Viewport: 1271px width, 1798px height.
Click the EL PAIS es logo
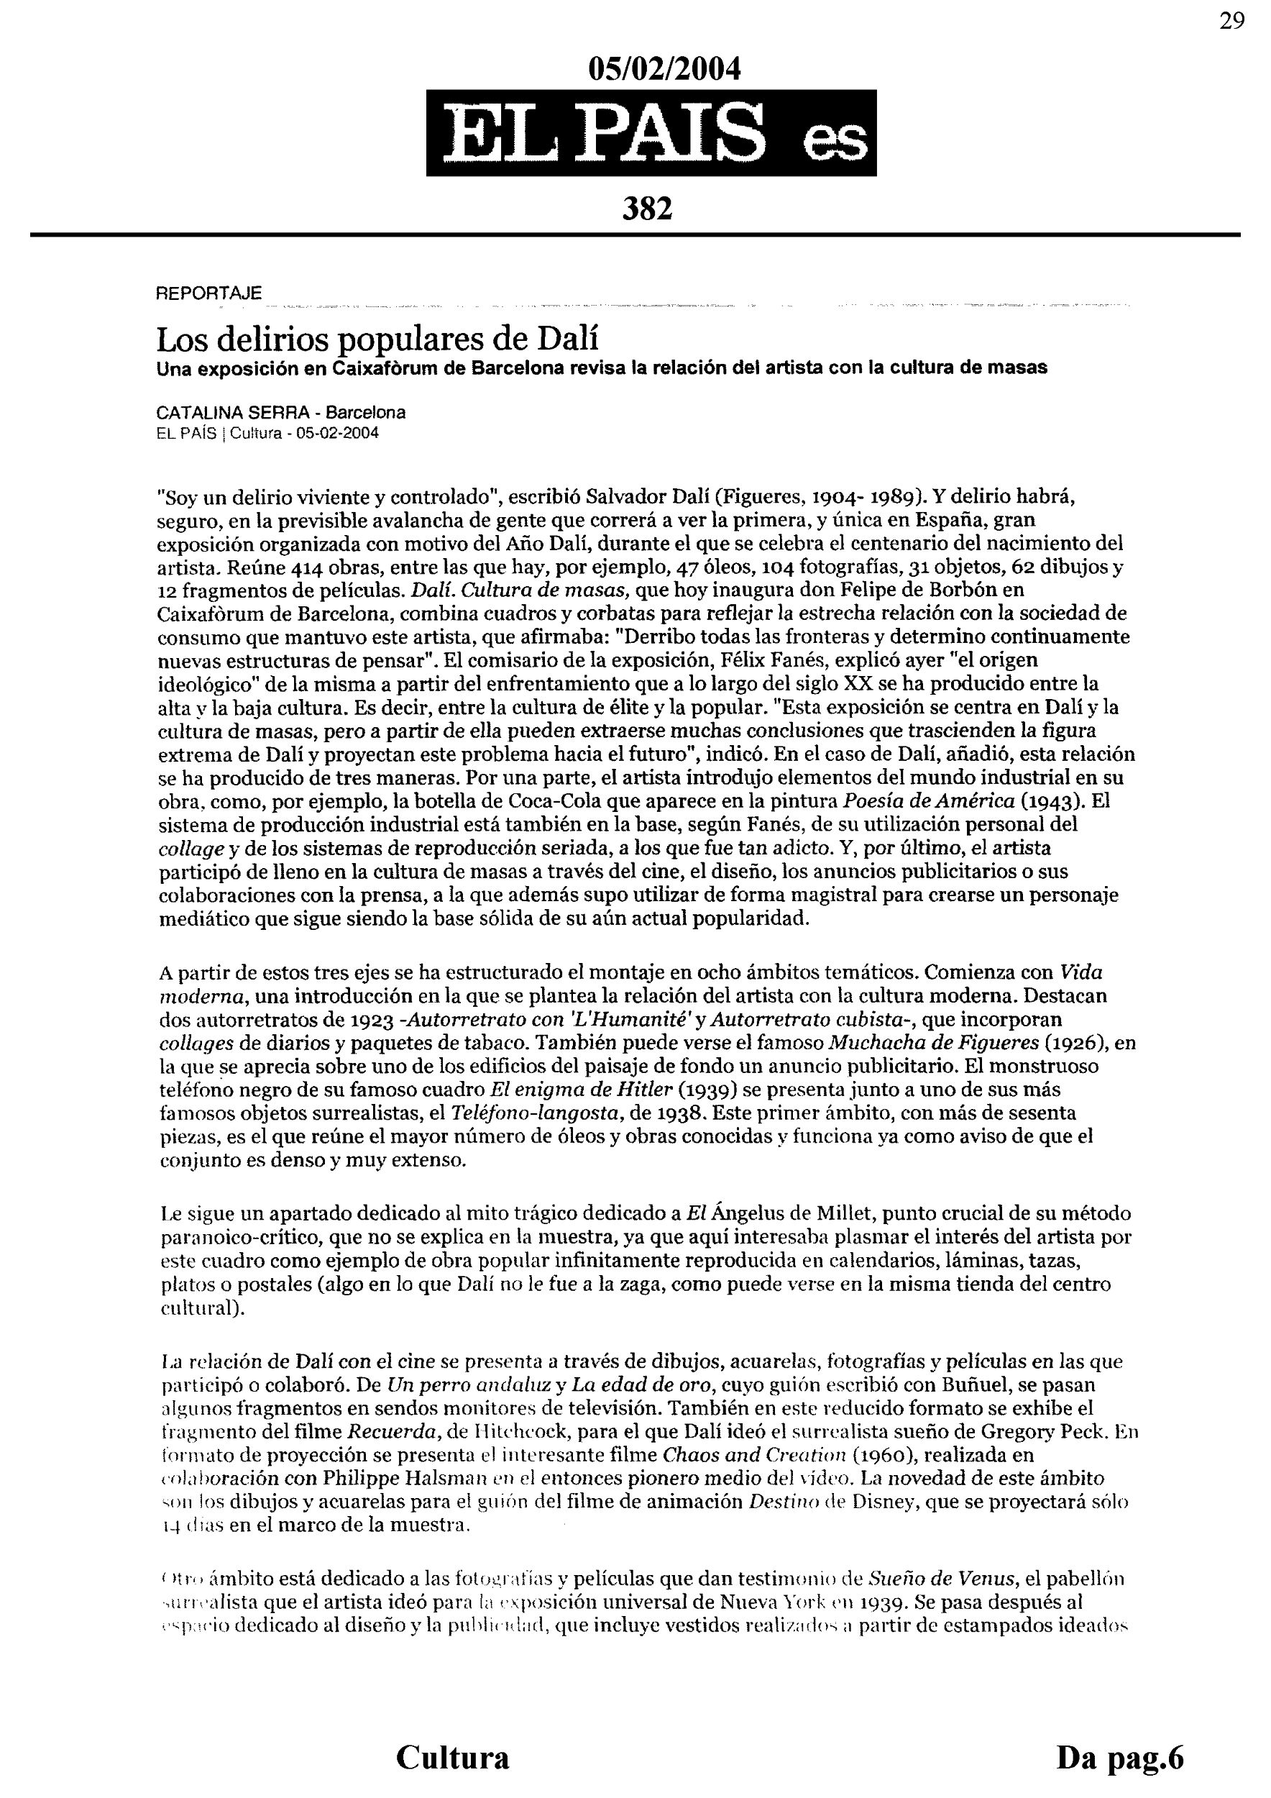[x=651, y=133]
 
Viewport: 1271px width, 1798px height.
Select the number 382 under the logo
[x=647, y=209]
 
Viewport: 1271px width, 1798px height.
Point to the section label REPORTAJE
[x=209, y=293]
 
